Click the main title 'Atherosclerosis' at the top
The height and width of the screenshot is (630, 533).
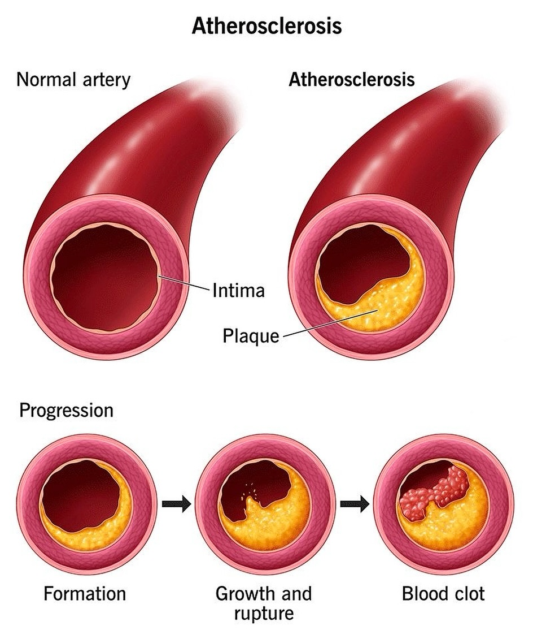[266, 26]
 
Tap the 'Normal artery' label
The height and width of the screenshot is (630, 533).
[73, 79]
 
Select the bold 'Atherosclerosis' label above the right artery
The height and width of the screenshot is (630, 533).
[352, 79]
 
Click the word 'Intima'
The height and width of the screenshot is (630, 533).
[238, 291]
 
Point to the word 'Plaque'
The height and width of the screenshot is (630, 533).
[251, 336]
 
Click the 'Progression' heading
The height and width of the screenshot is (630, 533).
[67, 410]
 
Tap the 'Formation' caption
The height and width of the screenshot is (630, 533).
[85, 594]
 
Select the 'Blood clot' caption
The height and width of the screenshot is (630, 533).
[443, 594]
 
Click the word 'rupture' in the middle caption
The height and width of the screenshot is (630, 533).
[263, 613]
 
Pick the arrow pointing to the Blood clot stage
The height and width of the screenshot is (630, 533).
[354, 504]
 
